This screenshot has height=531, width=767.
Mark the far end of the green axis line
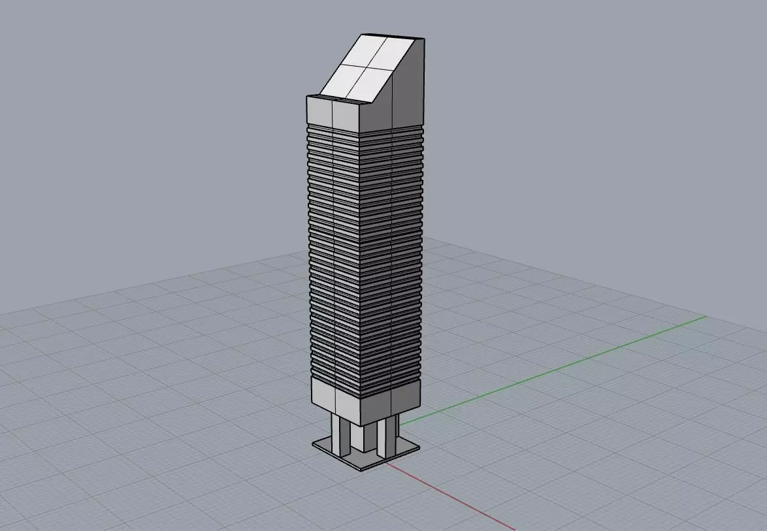706,317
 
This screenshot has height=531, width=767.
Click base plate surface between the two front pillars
363,458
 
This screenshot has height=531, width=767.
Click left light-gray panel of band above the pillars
323,394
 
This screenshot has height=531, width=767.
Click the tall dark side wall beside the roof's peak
409,85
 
